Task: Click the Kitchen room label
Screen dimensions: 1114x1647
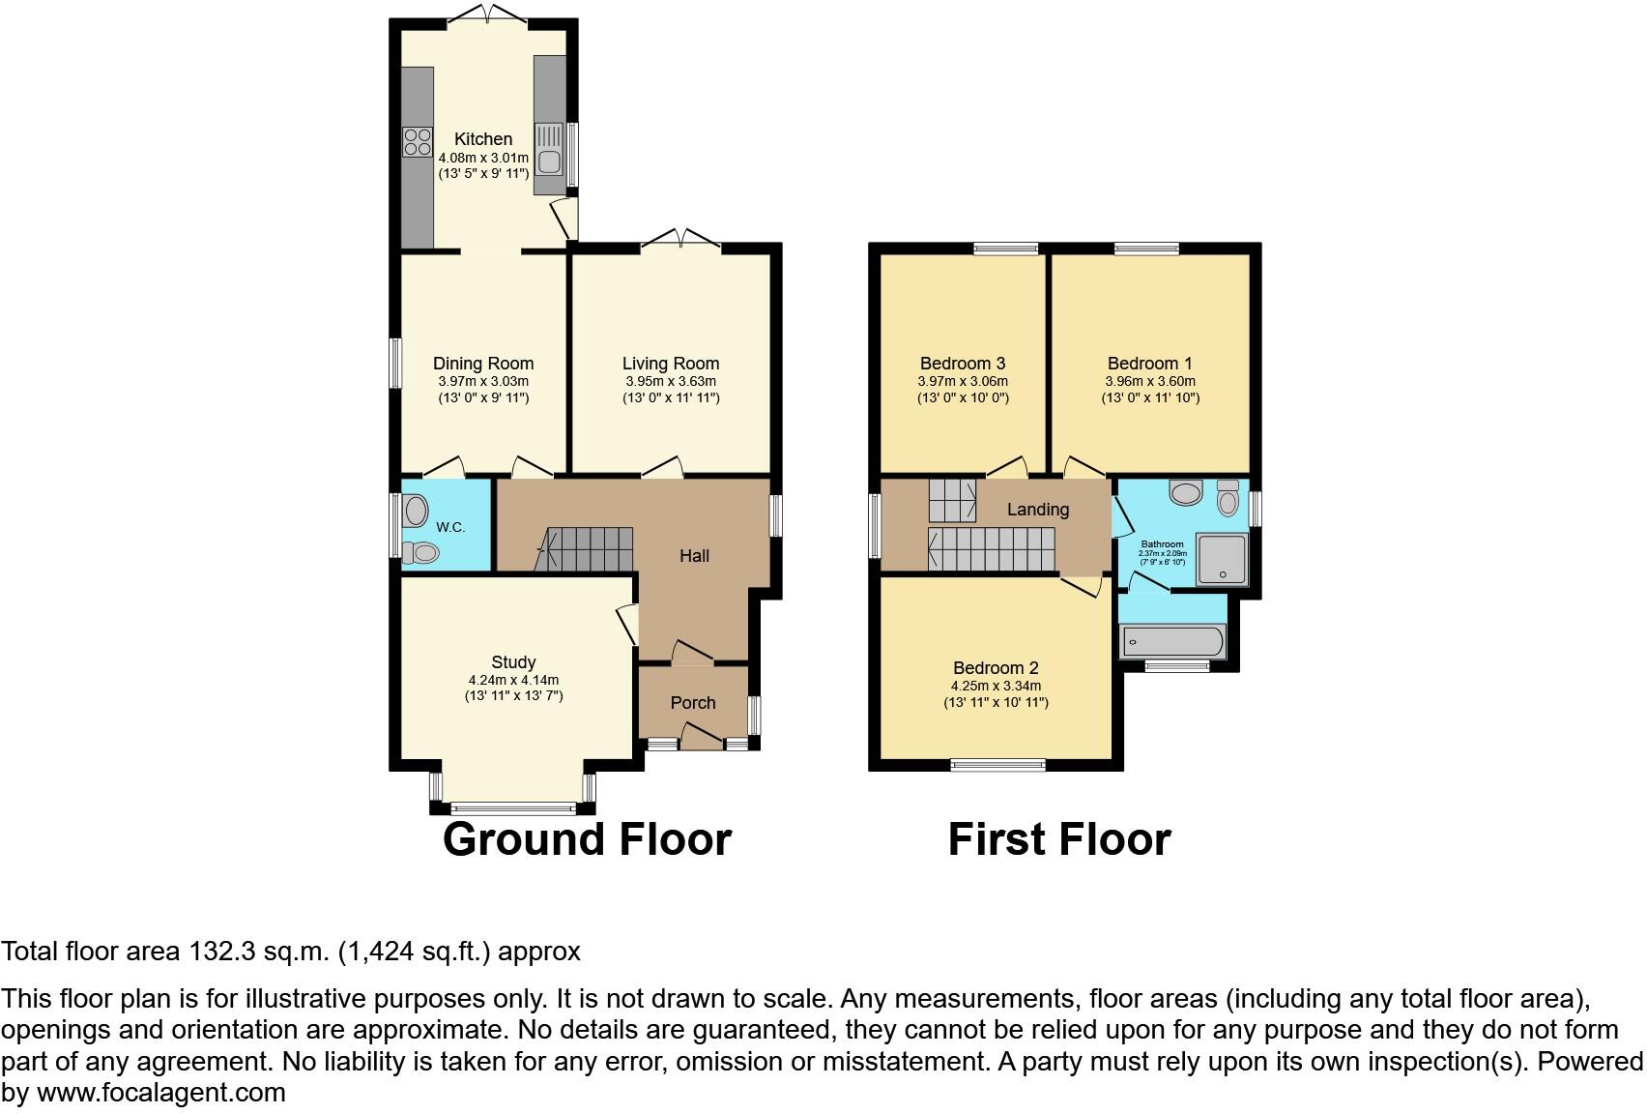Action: click(483, 139)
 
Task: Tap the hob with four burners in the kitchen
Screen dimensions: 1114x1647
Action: click(418, 142)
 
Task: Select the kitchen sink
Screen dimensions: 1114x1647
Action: click(549, 161)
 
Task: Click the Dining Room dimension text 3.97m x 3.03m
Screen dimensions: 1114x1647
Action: click(483, 382)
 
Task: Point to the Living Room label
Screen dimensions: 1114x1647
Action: click(671, 364)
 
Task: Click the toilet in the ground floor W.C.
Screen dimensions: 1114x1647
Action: click(420, 553)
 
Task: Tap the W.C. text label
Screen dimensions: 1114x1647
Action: click(450, 527)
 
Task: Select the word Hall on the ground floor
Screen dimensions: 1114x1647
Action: click(694, 555)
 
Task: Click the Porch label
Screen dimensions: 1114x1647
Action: click(693, 703)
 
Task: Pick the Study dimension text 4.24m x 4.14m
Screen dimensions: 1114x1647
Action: click(513, 680)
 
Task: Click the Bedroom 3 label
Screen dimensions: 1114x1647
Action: click(963, 364)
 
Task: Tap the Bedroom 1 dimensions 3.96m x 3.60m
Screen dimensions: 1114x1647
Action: click(1150, 382)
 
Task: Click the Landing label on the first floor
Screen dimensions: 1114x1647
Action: click(1038, 510)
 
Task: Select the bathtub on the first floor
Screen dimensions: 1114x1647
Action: click(1171, 641)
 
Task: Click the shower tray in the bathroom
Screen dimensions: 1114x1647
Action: click(1223, 559)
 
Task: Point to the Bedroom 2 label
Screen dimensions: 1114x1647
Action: click(996, 668)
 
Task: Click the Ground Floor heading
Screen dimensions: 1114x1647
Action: click(587, 839)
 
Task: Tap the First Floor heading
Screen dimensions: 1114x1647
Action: click(1059, 839)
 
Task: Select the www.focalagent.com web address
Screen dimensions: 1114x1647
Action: click(161, 1094)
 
